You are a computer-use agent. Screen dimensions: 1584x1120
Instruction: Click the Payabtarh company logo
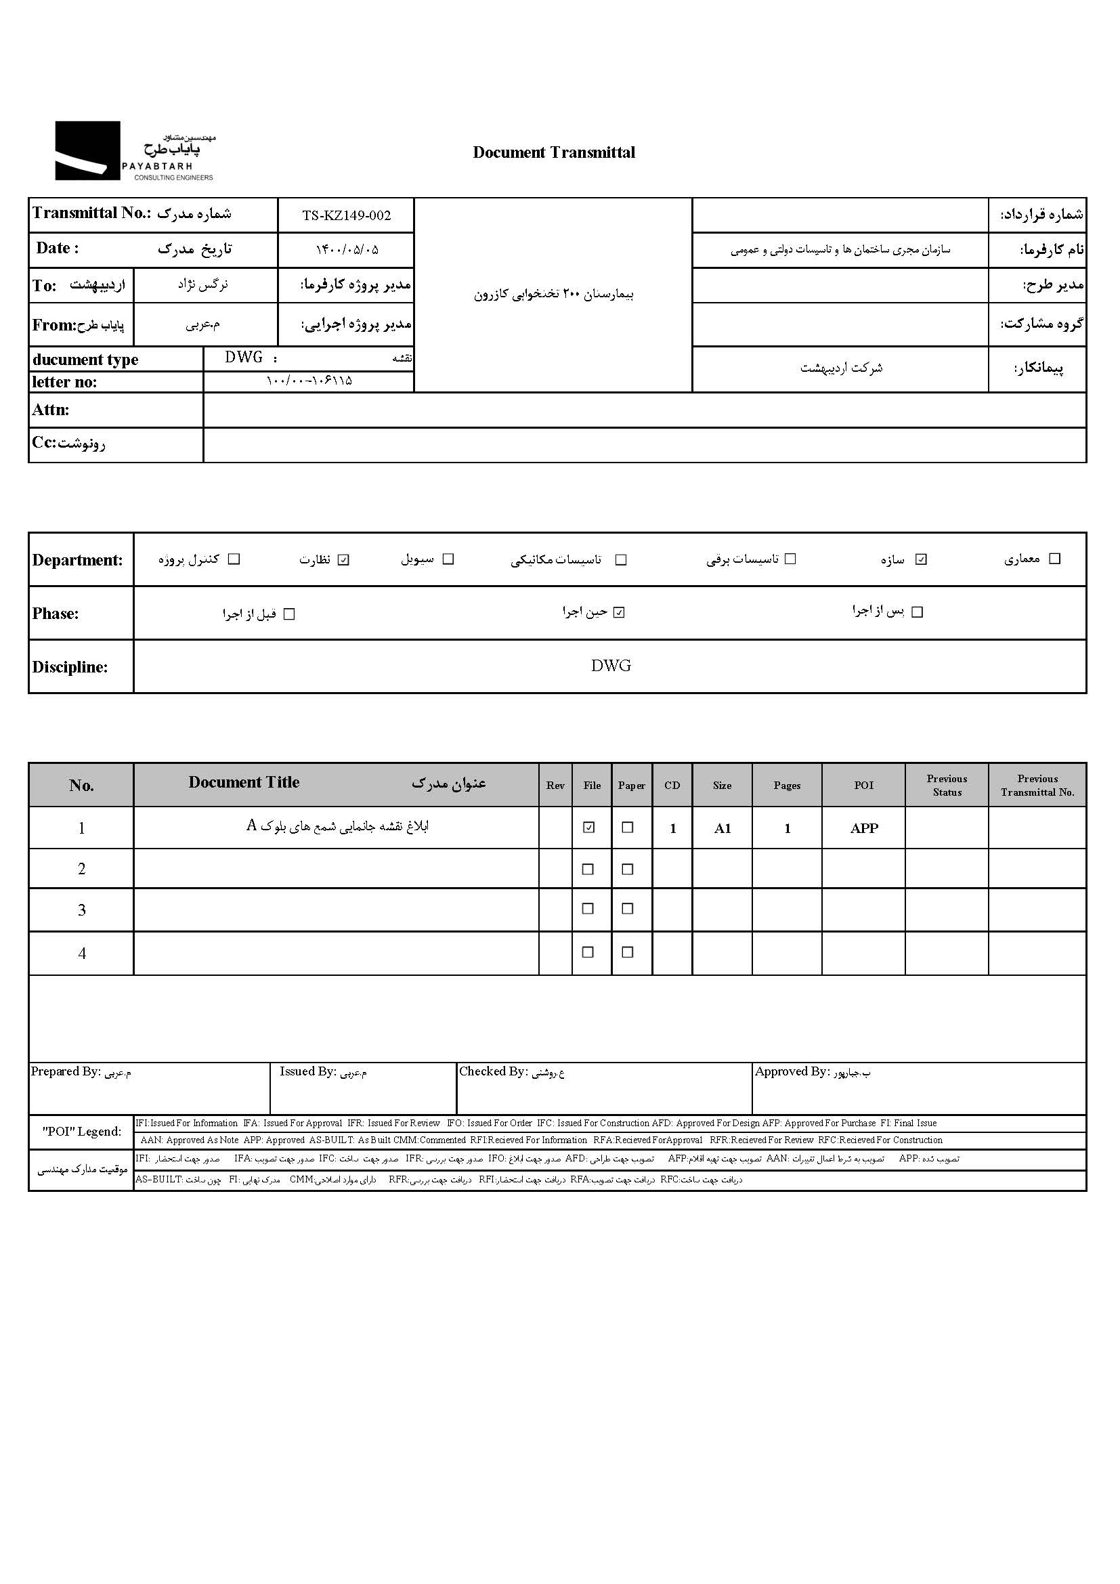134,151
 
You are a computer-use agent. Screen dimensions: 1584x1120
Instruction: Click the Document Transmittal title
554,152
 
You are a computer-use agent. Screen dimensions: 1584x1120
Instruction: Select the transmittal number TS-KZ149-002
346,215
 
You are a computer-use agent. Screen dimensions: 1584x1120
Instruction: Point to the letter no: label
64,381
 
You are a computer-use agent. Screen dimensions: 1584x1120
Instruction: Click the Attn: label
50,410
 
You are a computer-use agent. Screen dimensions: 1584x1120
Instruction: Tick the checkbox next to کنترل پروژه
234,559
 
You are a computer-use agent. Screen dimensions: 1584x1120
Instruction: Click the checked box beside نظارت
343,559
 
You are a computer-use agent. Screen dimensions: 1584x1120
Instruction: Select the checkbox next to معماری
1054,559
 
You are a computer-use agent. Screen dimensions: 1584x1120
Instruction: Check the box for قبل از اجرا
289,614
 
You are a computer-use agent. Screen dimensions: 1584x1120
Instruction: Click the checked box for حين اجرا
619,612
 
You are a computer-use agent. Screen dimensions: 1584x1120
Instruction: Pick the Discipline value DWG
610,666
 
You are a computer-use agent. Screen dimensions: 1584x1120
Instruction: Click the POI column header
863,785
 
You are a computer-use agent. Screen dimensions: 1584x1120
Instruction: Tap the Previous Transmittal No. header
1037,785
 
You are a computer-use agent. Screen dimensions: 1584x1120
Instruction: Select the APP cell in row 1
863,828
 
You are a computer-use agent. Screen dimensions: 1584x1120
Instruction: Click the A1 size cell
722,828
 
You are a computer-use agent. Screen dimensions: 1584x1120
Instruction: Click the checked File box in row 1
588,827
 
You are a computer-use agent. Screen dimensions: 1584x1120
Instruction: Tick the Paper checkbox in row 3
628,909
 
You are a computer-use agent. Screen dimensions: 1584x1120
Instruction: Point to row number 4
82,954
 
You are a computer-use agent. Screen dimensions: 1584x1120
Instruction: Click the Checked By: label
493,1071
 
